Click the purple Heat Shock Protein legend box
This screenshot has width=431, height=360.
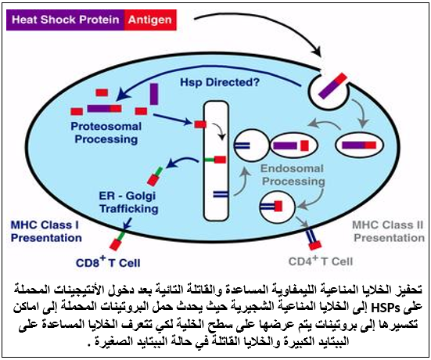click(65, 20)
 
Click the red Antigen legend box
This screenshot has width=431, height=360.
click(150, 20)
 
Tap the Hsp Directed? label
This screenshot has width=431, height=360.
click(220, 82)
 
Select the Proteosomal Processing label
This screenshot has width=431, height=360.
click(106, 133)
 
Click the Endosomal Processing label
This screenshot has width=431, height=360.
click(293, 175)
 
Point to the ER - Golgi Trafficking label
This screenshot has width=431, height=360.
click(128, 202)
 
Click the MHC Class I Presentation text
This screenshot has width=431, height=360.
click(46, 232)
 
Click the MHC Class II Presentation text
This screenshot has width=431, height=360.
click(389, 232)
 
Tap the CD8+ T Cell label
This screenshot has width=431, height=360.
click(108, 262)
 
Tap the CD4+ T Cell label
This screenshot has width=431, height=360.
click(321, 261)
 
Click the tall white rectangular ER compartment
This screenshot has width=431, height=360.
click(216, 161)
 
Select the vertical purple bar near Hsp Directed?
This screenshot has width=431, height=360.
click(154, 94)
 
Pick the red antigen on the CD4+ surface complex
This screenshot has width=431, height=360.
click(315, 245)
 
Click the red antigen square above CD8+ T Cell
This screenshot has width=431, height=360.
click(115, 245)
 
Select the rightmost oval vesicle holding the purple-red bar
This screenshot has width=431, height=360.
click(359, 145)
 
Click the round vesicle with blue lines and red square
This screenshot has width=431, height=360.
click(278, 207)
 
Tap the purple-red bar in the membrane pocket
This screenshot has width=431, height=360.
click(332, 85)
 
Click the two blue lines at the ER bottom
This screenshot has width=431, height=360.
click(221, 194)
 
